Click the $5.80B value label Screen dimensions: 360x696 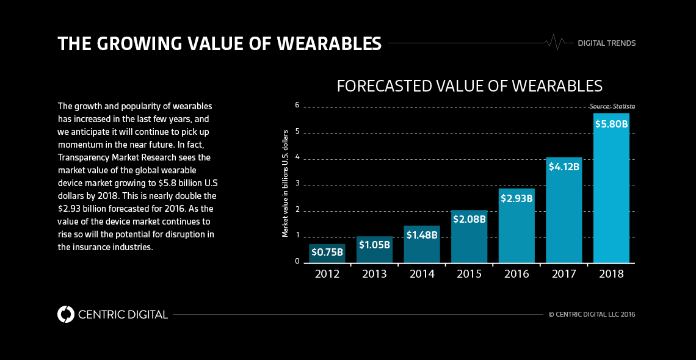pyautogui.click(x=611, y=124)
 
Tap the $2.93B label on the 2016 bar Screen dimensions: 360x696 pyautogui.click(x=517, y=198)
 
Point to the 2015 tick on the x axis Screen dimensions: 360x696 pyautogui.click(x=469, y=274)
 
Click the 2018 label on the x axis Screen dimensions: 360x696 pyautogui.click(x=611, y=274)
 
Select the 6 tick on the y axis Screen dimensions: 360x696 pyautogui.click(x=297, y=105)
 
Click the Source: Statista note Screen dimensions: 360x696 pyautogui.click(x=612, y=106)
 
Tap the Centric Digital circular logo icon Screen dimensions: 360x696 pyautogui.click(x=66, y=314)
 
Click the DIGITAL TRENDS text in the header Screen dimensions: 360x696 pyautogui.click(x=606, y=43)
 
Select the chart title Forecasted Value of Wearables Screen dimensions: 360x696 pyautogui.click(x=469, y=85)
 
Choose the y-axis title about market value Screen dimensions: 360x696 pyautogui.click(x=285, y=183)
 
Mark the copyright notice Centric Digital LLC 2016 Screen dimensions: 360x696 pyautogui.click(x=592, y=314)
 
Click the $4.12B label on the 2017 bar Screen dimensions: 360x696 pyautogui.click(x=564, y=166)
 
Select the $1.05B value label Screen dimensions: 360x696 pyautogui.click(x=374, y=245)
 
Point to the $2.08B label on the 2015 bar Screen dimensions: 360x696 pyautogui.click(x=469, y=218)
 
